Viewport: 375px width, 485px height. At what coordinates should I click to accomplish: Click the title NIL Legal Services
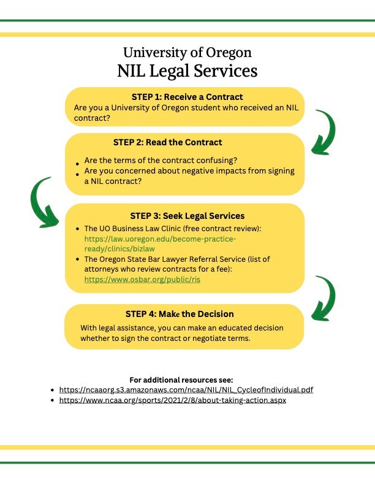tap(187, 71)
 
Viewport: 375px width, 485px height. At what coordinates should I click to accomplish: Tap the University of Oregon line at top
tap(187, 53)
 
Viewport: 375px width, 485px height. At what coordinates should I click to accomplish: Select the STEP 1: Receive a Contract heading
tap(187, 97)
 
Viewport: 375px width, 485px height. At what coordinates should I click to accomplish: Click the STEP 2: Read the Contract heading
tap(167, 142)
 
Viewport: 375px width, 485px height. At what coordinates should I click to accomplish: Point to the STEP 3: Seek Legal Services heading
tap(187, 216)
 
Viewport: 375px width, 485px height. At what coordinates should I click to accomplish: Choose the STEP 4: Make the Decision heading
tap(180, 314)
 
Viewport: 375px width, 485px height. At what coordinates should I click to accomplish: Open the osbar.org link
tap(142, 280)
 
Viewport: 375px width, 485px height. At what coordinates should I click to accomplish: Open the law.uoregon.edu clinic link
tap(160, 244)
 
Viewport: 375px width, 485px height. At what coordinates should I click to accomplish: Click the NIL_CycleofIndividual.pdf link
tap(186, 390)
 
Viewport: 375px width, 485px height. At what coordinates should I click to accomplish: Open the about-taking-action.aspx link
tap(173, 400)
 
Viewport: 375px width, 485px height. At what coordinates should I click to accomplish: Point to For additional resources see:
tap(181, 380)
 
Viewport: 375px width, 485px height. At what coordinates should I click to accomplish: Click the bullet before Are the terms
tap(77, 164)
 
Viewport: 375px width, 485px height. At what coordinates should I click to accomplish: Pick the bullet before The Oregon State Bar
tap(77, 259)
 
